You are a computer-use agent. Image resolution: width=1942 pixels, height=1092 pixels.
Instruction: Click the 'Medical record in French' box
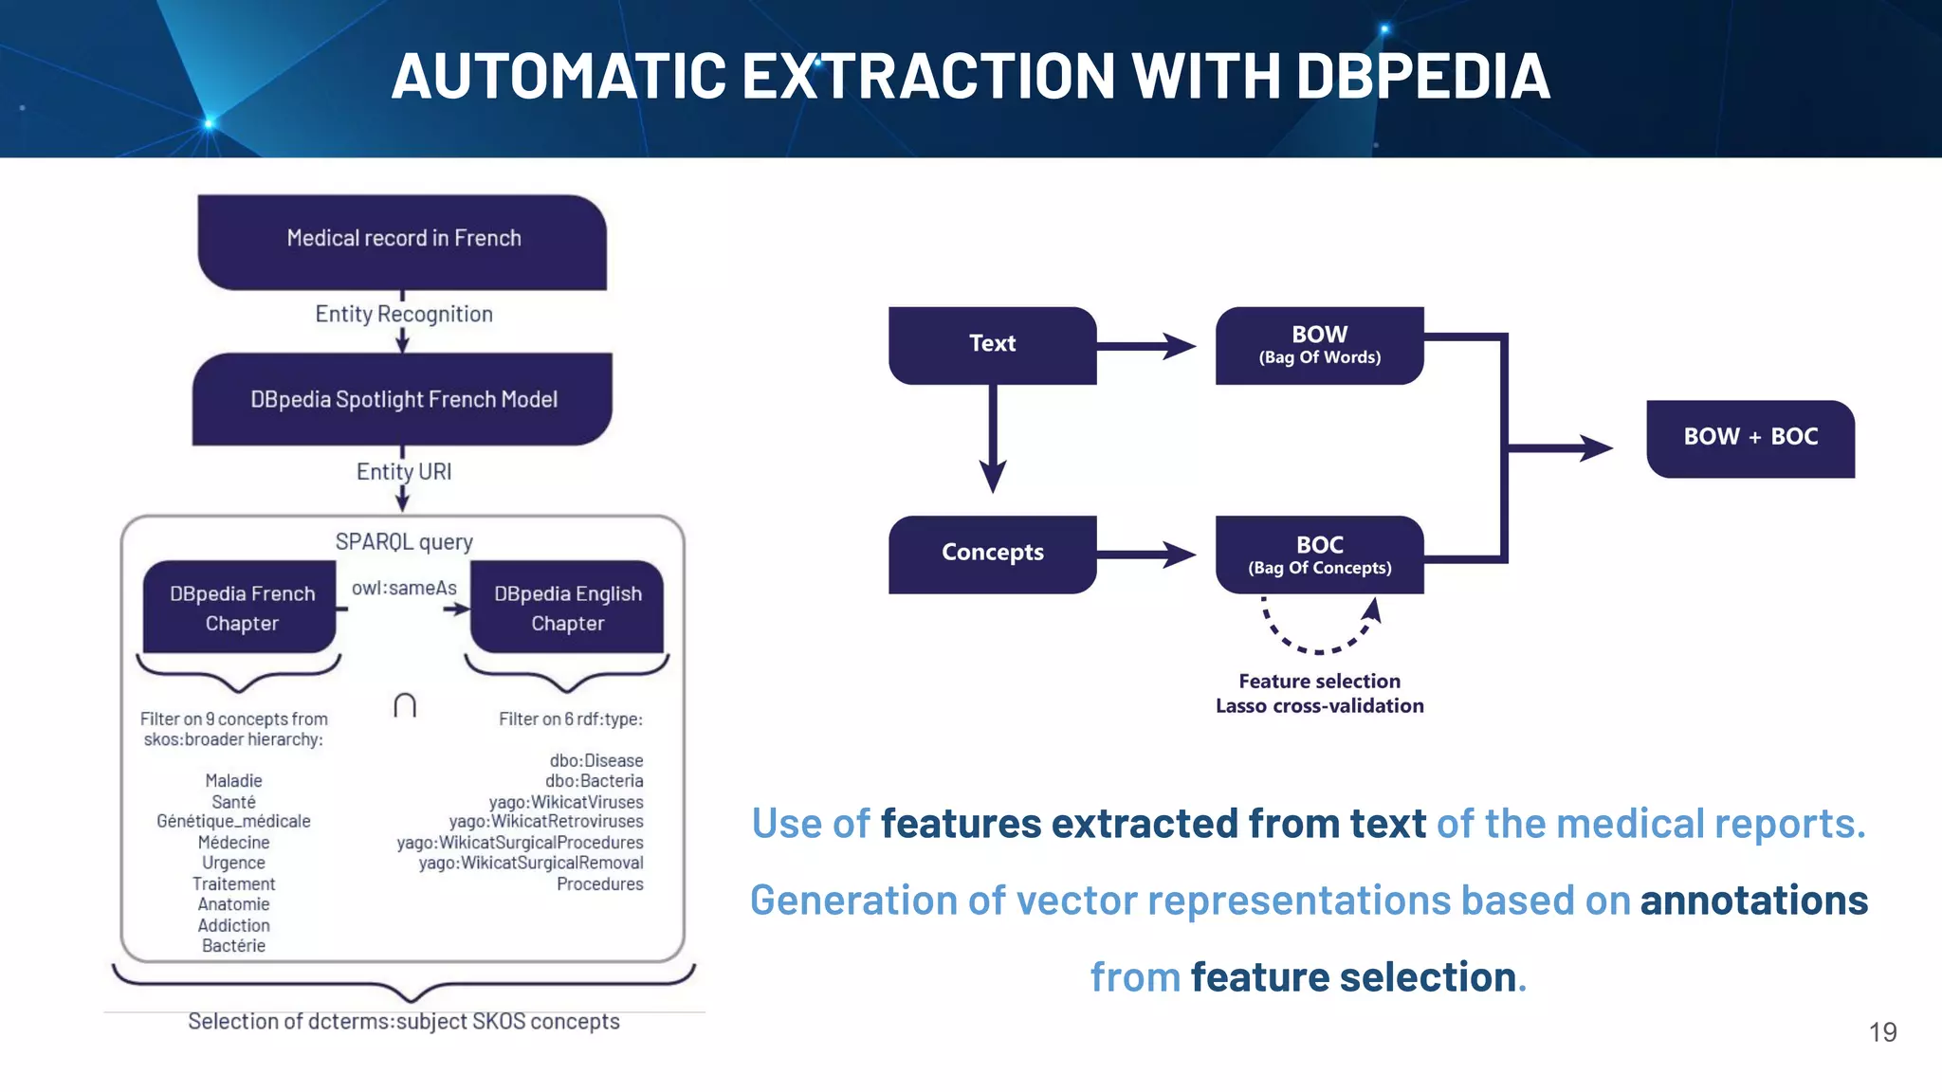(403, 242)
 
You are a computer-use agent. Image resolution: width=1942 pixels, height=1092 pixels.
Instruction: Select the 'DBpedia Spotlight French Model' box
(403, 399)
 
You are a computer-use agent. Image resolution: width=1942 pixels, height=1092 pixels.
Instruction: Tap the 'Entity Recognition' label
(404, 314)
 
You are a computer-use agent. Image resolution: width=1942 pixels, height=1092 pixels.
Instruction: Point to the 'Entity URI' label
(404, 471)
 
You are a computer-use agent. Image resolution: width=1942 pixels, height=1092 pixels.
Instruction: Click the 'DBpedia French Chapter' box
(241, 608)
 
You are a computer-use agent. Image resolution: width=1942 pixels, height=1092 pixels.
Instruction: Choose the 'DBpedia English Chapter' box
(567, 608)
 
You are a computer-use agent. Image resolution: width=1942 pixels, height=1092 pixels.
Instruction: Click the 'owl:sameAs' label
(404, 588)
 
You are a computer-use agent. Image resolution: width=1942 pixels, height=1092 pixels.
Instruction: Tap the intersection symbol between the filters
(405, 705)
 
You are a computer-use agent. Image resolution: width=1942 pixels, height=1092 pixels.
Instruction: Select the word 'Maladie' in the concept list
(233, 780)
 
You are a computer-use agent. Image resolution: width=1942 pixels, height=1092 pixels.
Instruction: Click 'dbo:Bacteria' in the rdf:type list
(594, 780)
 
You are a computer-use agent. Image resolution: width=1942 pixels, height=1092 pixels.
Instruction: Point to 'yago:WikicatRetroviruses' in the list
(546, 821)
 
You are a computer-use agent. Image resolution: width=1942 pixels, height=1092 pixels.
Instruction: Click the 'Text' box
(992, 344)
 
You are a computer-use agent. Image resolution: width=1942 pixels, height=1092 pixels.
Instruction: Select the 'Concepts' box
(992, 553)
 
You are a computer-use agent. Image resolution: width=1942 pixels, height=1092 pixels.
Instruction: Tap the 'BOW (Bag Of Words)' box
(1319, 345)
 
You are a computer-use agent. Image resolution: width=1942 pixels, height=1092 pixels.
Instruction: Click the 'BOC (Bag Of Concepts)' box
(1319, 555)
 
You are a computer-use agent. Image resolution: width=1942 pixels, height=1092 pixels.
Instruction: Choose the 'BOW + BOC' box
(1750, 437)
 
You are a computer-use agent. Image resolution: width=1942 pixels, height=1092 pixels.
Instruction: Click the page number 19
(1882, 1032)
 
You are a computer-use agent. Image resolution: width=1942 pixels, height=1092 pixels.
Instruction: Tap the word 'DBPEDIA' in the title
(1422, 77)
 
